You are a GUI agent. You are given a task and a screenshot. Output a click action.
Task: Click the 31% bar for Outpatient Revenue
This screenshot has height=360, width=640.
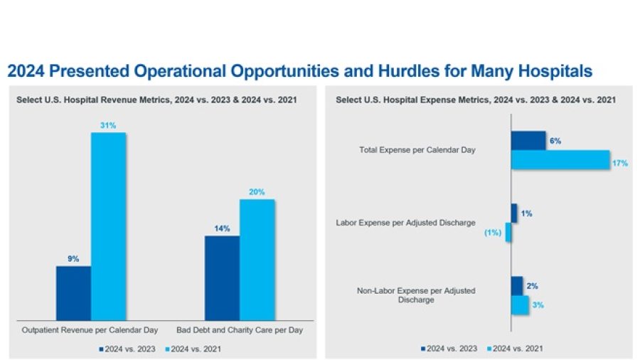click(x=108, y=226)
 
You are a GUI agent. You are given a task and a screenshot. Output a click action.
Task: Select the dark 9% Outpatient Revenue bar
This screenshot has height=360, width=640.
click(x=73, y=293)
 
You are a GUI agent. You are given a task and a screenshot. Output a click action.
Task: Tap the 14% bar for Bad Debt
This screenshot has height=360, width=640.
click(x=222, y=277)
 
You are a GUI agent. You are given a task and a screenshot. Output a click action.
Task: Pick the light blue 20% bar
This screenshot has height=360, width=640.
click(x=257, y=260)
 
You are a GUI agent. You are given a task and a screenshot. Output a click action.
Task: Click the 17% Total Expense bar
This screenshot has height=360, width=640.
click(x=560, y=160)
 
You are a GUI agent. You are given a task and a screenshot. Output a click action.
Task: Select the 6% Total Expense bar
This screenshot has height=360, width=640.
click(x=528, y=141)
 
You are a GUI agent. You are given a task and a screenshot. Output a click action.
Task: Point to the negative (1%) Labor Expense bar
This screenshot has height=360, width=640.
click(x=508, y=233)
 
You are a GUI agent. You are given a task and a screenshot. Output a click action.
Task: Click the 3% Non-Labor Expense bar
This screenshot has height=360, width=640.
click(x=521, y=305)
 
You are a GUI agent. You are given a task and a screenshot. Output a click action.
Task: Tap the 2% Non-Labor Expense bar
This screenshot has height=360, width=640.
click(x=517, y=286)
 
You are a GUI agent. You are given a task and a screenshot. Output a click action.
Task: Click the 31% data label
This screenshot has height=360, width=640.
click(x=108, y=126)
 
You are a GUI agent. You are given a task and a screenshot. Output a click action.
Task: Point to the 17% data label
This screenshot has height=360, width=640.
click(x=619, y=163)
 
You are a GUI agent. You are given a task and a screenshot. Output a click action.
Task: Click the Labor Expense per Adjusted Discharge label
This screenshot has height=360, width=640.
click(x=405, y=223)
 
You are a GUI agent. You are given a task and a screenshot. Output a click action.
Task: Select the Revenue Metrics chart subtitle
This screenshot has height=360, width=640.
click(x=156, y=100)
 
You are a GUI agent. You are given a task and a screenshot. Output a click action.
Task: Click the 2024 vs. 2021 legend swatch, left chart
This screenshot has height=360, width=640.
click(x=168, y=349)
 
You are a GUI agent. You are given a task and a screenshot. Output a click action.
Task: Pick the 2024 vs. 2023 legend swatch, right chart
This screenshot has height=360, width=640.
click(x=424, y=349)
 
